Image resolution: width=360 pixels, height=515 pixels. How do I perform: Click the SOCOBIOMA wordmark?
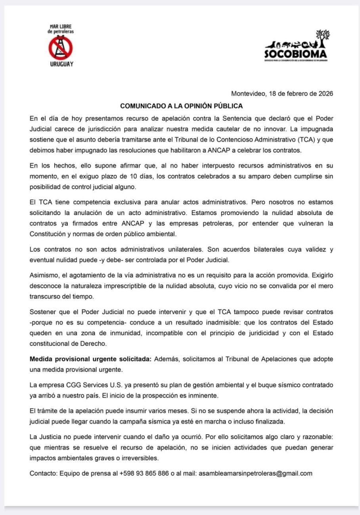point(295,53)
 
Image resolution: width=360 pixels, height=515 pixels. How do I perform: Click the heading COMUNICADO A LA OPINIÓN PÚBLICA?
point(181,106)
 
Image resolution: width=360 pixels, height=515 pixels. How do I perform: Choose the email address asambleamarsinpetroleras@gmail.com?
point(255,473)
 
